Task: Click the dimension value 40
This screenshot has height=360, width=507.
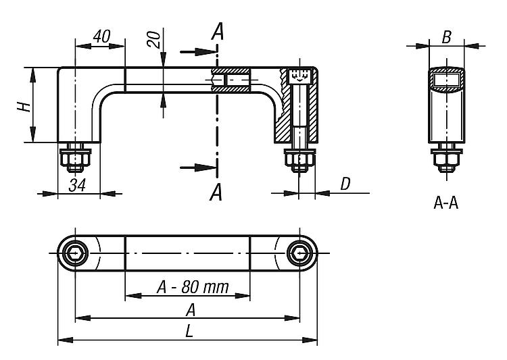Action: click(x=101, y=36)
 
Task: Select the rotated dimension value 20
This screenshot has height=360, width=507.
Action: click(x=154, y=39)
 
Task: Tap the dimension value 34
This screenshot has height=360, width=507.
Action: click(x=77, y=186)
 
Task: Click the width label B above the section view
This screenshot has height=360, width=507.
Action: click(x=446, y=37)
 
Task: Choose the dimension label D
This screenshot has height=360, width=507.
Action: click(x=345, y=184)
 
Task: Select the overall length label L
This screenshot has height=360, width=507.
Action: click(x=189, y=331)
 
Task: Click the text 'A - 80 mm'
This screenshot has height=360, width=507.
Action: click(x=193, y=287)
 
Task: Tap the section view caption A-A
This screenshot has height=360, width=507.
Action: click(x=446, y=203)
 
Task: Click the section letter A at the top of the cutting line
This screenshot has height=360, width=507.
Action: click(x=218, y=31)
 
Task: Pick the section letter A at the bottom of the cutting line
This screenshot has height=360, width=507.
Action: click(x=216, y=192)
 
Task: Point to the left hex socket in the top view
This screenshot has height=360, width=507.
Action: click(x=75, y=253)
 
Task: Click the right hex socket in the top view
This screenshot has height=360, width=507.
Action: click(x=299, y=253)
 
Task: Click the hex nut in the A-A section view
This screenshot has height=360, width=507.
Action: click(x=446, y=159)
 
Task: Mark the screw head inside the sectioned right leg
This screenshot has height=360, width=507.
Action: click(x=299, y=76)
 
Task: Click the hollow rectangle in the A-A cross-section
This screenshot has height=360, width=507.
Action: click(x=446, y=80)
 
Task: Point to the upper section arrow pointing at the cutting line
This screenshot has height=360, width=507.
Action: click(x=198, y=52)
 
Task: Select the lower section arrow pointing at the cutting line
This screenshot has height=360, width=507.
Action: click(x=198, y=168)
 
